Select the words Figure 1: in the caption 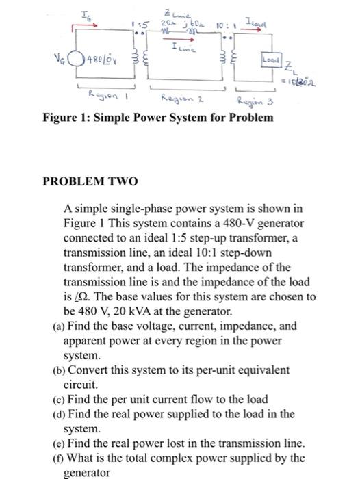[x=66, y=117]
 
